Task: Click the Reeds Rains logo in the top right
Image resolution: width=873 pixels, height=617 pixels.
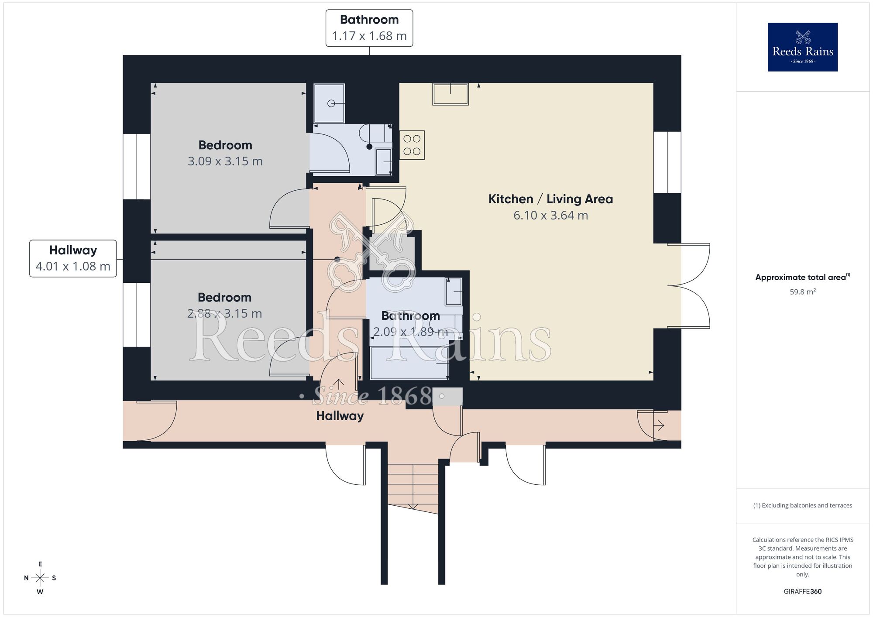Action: pyautogui.click(x=802, y=47)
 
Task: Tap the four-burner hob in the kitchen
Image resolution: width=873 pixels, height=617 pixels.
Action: pyautogui.click(x=412, y=145)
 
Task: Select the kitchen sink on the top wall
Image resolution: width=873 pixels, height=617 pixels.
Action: pyautogui.click(x=450, y=94)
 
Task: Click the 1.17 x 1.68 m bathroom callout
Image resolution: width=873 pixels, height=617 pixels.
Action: pyautogui.click(x=369, y=28)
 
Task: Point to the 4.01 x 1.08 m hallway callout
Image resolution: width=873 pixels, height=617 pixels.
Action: pyautogui.click(x=73, y=258)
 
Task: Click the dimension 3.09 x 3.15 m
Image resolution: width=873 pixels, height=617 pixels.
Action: pyautogui.click(x=225, y=161)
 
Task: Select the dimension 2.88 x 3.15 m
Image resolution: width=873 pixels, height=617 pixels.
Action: pyautogui.click(x=224, y=313)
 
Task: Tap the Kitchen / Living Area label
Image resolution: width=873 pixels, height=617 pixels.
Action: pyautogui.click(x=550, y=199)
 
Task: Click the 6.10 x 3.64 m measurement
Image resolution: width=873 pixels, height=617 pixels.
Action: pyautogui.click(x=550, y=215)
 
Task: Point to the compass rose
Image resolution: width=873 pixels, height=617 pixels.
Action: pyautogui.click(x=40, y=578)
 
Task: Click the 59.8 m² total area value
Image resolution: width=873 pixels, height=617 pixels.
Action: pyautogui.click(x=802, y=292)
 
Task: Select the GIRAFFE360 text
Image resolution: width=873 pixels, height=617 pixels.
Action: pyautogui.click(x=802, y=591)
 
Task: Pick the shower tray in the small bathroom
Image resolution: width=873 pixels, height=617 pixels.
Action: pyautogui.click(x=329, y=103)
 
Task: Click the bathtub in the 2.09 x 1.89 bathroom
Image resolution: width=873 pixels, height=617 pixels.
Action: pyautogui.click(x=409, y=363)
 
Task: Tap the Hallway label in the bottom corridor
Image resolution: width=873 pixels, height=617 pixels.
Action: pyautogui.click(x=340, y=416)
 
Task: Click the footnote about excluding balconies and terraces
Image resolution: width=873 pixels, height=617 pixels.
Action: pyautogui.click(x=802, y=505)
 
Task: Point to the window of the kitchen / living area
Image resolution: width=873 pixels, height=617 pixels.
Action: pyautogui.click(x=667, y=162)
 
